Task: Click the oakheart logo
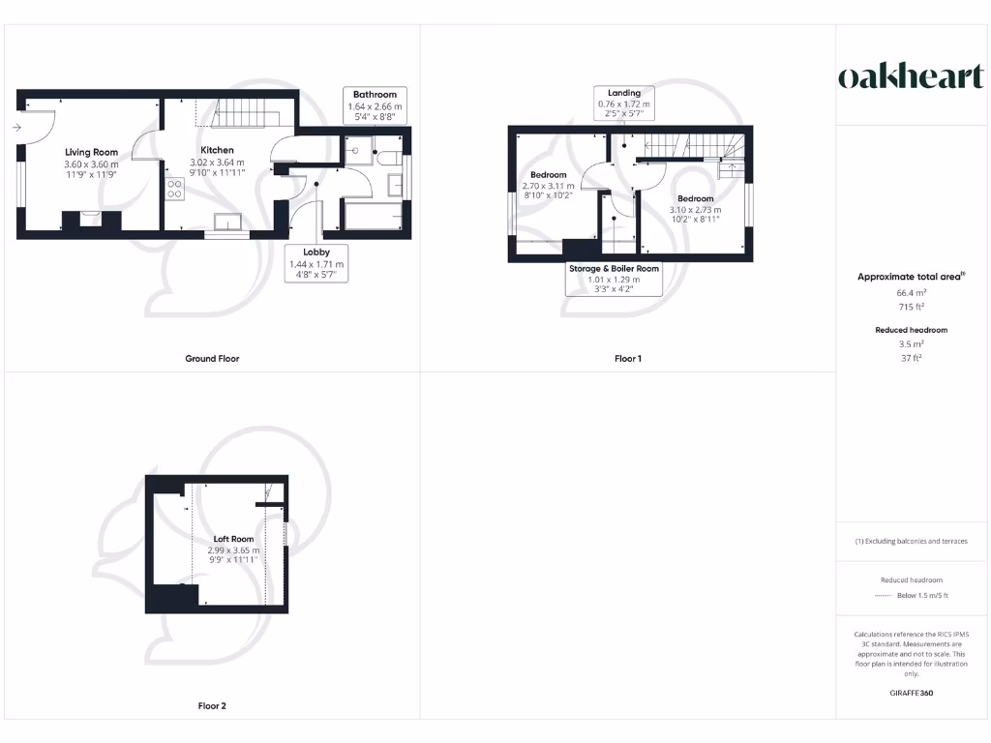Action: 910,77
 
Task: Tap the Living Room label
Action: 92,152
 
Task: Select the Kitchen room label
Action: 217,150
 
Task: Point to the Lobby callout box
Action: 317,262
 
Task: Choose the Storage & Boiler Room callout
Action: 614,279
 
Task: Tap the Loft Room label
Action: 234,539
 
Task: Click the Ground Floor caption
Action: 212,359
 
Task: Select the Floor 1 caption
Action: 628,359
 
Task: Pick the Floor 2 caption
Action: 212,706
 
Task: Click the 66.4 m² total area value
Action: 911,291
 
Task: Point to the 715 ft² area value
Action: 911,307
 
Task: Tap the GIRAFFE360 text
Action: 911,693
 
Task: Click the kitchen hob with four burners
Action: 175,189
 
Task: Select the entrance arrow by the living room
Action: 18,127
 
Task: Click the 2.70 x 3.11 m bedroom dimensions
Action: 548,186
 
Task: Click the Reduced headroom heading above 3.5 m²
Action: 911,330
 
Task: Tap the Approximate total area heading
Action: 910,277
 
